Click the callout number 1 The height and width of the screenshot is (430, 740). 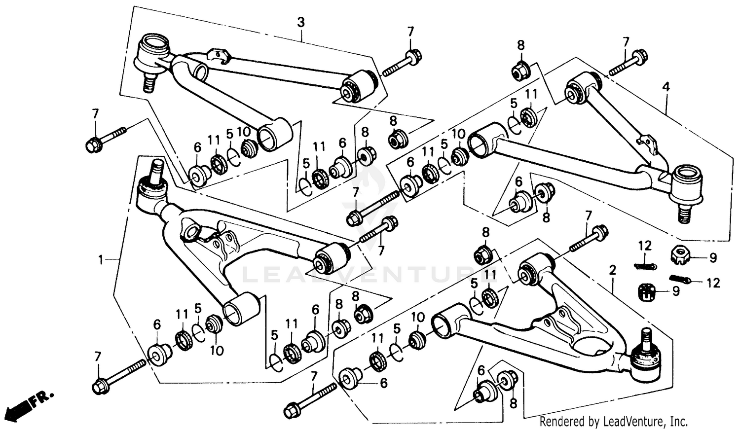101,259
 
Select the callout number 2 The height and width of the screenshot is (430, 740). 613,270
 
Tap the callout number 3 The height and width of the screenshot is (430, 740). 300,22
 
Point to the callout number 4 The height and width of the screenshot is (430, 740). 666,87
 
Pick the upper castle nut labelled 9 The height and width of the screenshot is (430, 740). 680,254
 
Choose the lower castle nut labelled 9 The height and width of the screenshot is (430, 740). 646,292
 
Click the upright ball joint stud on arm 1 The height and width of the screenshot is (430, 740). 157,171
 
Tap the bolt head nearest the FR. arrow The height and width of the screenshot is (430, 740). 101,386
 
